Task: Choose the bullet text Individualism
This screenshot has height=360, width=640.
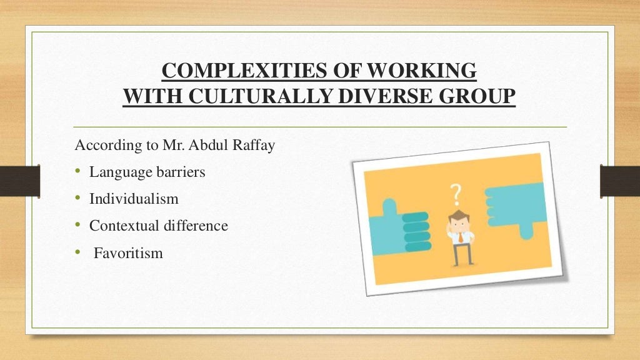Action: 134,199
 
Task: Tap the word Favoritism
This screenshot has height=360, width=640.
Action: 128,253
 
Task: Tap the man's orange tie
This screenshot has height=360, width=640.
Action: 460,237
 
